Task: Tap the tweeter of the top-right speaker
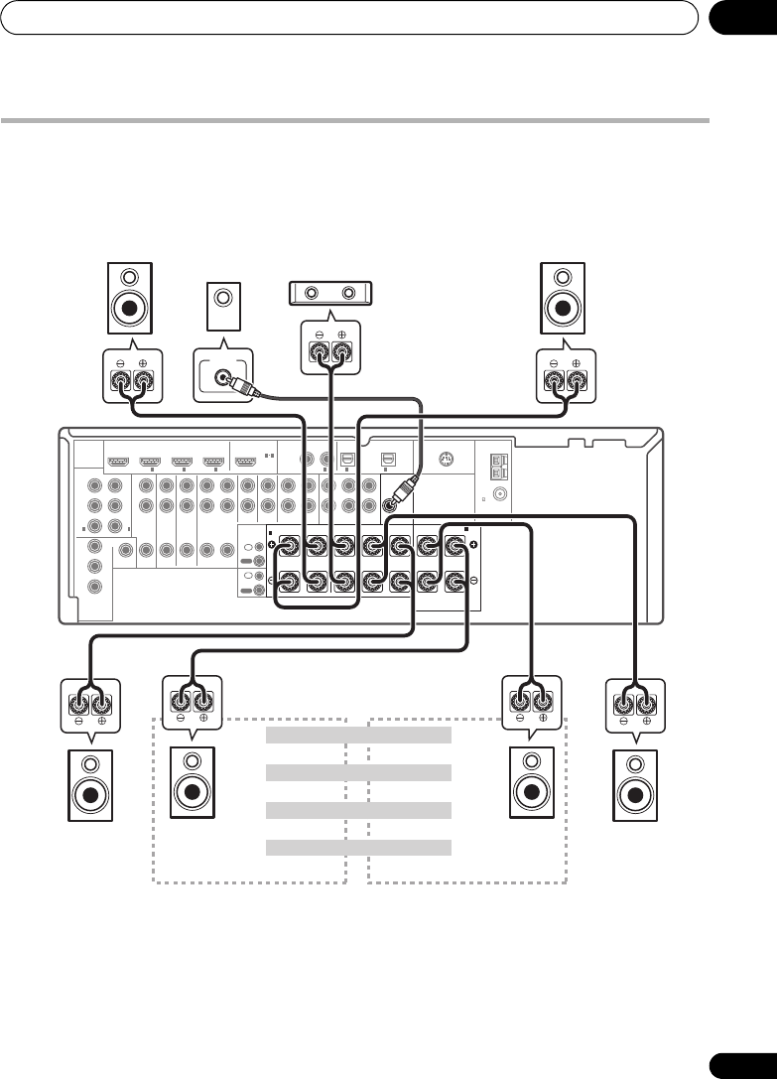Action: click(562, 277)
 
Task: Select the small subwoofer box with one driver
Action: click(223, 306)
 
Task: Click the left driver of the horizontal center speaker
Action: click(315, 293)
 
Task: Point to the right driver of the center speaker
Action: click(348, 293)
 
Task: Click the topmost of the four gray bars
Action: click(359, 735)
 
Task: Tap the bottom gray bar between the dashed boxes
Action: click(359, 848)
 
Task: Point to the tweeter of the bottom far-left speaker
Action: click(89, 765)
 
